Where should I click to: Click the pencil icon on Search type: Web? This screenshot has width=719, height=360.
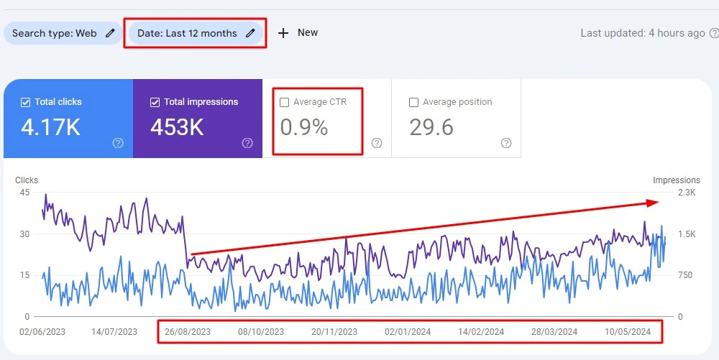110,33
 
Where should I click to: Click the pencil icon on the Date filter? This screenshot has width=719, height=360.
250,33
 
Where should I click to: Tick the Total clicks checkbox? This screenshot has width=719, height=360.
26,102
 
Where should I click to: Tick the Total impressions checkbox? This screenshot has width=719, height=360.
155,102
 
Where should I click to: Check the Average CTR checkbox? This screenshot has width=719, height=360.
285,102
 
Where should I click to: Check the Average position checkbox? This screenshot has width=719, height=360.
413,102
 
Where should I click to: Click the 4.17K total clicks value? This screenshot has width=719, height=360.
50,128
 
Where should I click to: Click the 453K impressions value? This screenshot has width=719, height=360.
177,128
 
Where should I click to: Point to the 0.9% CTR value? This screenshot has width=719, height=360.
303,128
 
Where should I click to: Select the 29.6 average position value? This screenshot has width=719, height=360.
431,128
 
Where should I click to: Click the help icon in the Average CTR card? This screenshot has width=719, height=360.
377,143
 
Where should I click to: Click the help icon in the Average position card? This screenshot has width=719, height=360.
506,143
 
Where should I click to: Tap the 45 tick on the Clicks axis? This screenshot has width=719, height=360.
25,193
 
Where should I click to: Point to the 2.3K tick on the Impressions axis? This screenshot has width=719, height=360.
686,193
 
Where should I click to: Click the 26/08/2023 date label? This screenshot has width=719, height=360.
188,332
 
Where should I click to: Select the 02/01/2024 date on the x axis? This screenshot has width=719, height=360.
408,332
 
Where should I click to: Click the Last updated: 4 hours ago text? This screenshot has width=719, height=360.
643,33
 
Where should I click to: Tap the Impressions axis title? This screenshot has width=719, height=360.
676,180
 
